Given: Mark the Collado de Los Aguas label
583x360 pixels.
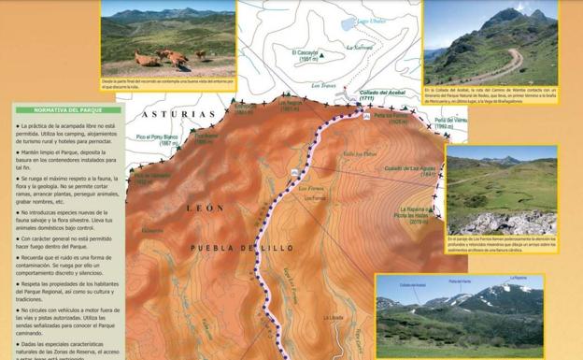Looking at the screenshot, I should pos(409,169).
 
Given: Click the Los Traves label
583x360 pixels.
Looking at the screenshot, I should pos(323,85).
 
